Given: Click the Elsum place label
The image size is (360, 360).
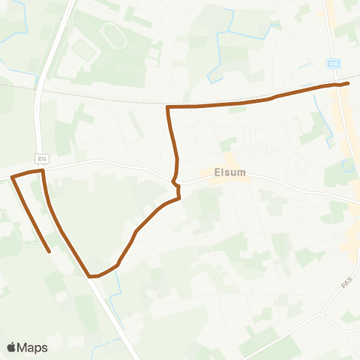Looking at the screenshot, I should click(229, 172).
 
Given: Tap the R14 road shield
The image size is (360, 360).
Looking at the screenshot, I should click(43, 158).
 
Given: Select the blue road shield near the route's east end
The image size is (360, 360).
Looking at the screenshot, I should click(334, 64).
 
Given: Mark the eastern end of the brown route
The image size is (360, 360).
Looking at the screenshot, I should click(348, 85).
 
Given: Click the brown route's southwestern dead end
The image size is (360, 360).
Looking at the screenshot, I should click(49, 251).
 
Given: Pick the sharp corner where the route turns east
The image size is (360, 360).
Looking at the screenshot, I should click(168, 107).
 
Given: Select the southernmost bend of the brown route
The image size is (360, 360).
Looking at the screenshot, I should click(93, 276).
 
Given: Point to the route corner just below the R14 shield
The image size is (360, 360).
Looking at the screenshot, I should click(43, 171).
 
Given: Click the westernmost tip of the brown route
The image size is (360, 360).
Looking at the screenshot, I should click(11, 178).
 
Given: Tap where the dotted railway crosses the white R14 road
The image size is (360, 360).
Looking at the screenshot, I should click(39, 88).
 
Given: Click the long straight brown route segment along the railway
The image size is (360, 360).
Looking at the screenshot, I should click(225, 104).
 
